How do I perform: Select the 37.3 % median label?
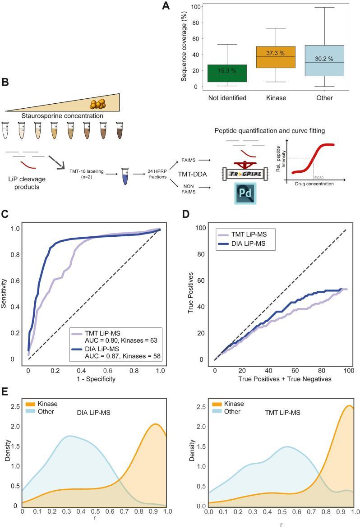tap(275, 53)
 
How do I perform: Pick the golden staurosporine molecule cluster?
tap(98, 104)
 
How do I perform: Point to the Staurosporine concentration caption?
tap(62, 116)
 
